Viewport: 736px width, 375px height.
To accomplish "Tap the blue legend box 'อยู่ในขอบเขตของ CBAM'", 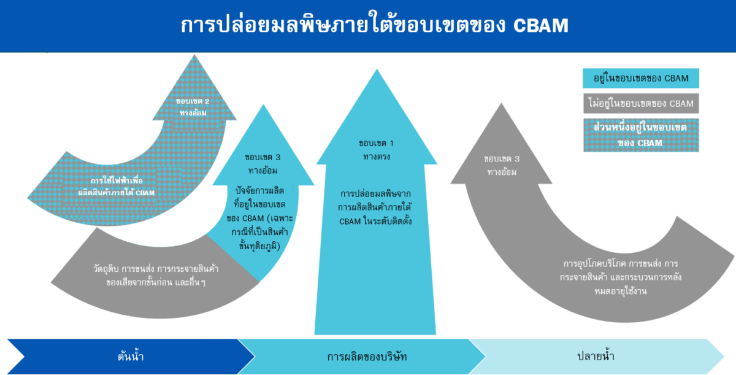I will pos(640,78).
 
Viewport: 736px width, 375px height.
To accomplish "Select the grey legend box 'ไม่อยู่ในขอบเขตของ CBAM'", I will pos(640,103).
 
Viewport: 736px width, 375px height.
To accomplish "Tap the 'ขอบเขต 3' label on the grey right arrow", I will pos(501,159).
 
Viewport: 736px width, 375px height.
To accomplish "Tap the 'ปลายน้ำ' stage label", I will pos(596,356).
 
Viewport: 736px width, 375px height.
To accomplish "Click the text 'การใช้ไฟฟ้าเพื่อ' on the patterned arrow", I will pos(117,182).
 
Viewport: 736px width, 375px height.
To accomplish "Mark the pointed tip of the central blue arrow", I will pos(375,71).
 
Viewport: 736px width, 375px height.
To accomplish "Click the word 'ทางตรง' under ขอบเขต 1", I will pos(375,157).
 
